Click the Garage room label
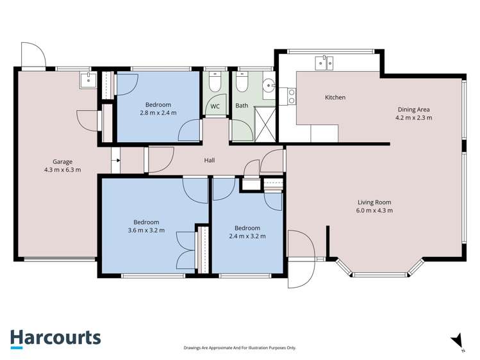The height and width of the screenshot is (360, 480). coord(62,162)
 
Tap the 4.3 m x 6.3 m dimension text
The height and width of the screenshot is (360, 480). coord(63,170)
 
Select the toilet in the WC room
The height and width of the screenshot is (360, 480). coord(215,82)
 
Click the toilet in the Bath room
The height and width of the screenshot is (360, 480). coord(242,82)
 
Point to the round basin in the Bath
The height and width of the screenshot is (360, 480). coord(269,85)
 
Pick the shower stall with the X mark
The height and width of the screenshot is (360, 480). coord(265,124)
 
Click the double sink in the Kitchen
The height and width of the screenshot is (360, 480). coord(324,63)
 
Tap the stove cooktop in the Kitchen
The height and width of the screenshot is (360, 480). coord(292,96)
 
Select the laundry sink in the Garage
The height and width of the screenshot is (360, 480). coord(88,80)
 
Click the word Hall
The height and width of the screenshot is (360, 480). coord(210,160)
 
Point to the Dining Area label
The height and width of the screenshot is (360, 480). coord(413,110)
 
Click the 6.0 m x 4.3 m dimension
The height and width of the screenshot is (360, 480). coord(374,211)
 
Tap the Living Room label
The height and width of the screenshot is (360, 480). coord(374,202)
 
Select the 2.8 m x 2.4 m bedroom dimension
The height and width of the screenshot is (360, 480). coord(158,113)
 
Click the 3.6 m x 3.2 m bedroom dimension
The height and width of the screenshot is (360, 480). coord(146,231)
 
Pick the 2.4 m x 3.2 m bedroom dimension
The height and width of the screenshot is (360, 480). coord(247,236)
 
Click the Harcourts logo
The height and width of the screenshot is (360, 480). coord(56,339)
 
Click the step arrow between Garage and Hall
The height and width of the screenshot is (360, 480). coord(117,160)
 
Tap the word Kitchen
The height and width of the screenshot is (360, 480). coord(335,97)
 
